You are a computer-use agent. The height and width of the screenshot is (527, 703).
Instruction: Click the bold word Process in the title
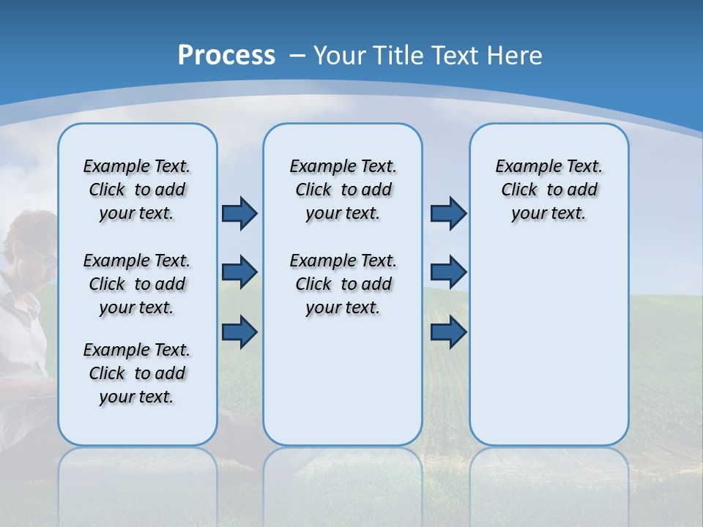(226, 55)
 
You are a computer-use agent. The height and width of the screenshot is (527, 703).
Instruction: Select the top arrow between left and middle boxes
(239, 213)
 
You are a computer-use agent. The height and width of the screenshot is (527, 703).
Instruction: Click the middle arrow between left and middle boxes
(239, 272)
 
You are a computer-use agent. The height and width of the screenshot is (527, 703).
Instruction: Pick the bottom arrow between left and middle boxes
(239, 332)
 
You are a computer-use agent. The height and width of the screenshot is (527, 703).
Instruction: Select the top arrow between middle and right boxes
(448, 213)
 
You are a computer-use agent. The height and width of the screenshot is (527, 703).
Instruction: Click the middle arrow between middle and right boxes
(448, 272)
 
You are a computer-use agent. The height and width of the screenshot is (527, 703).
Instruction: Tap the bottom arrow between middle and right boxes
(448, 332)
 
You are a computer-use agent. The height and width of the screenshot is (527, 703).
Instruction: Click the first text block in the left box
(137, 190)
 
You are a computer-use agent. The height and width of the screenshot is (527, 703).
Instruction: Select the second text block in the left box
(137, 284)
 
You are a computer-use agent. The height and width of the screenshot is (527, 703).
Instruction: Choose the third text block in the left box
(137, 373)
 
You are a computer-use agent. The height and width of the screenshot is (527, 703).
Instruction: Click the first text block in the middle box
(343, 190)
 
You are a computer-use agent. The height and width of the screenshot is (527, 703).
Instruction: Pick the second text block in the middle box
(343, 284)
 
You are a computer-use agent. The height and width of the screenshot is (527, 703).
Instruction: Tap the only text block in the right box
(548, 190)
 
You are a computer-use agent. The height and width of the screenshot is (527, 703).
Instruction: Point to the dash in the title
(297, 56)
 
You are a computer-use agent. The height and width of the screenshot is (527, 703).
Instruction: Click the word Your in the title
(341, 56)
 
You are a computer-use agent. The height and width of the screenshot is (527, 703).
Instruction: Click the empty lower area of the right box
(548, 351)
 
